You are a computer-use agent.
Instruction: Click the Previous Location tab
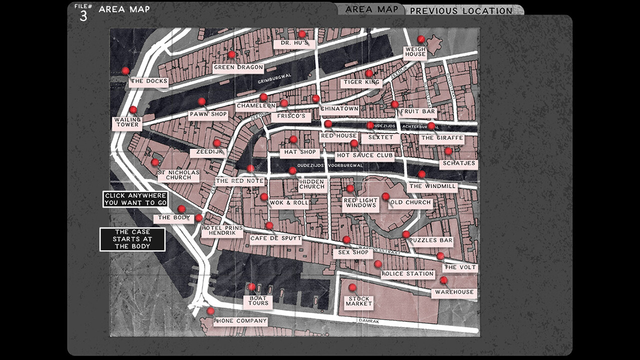[461, 10]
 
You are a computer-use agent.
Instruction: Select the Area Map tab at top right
[371, 9]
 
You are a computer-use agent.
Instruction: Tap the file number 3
[83, 16]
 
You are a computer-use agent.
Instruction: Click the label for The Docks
[148, 81]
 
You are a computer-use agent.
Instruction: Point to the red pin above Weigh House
[421, 39]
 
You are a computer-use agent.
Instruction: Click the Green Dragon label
[238, 67]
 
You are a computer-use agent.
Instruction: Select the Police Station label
[407, 274]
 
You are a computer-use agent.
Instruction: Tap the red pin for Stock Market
[352, 287]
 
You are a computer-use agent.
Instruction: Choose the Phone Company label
[240, 321]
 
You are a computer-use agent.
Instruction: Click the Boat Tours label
[258, 300]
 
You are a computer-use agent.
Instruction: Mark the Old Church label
[410, 202]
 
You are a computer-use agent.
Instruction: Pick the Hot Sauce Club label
[364, 155]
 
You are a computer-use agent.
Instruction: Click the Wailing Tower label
[127, 122]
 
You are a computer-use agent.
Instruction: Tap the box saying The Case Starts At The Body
[132, 239]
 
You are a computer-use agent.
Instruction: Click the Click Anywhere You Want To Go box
[135, 199]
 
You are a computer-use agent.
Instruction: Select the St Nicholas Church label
[178, 175]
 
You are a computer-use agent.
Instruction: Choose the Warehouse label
[454, 292]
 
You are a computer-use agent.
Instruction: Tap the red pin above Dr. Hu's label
[302, 34]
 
